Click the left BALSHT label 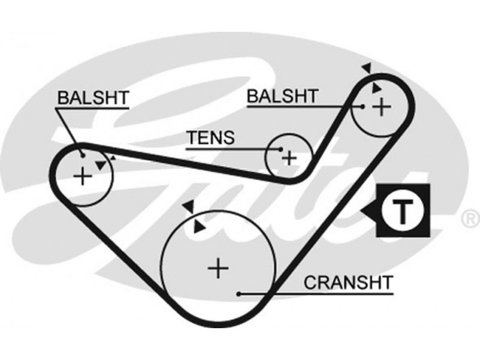pyautogui.click(x=93, y=97)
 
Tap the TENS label pyautogui.click(x=210, y=138)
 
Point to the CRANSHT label pyautogui.click(x=348, y=281)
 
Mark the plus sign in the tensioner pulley pyautogui.click(x=290, y=158)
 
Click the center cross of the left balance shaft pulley pyautogui.click(x=82, y=176)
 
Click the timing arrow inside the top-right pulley pyautogui.click(x=376, y=88)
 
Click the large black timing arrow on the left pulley pyautogui.click(x=100, y=164)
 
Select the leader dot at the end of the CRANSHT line pyautogui.click(x=239, y=294)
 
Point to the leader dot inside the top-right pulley pyautogui.click(x=363, y=107)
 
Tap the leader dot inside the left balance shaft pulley pyautogui.click(x=83, y=155)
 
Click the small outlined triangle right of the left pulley pyautogui.click(x=112, y=158)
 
